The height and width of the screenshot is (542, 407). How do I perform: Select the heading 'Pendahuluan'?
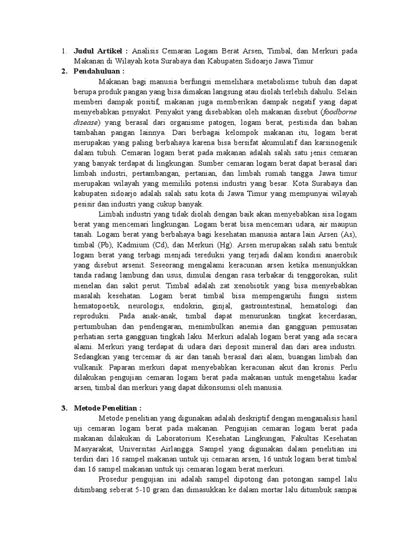pos(99,71)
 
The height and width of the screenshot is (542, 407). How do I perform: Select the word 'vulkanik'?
pos(91,366)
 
